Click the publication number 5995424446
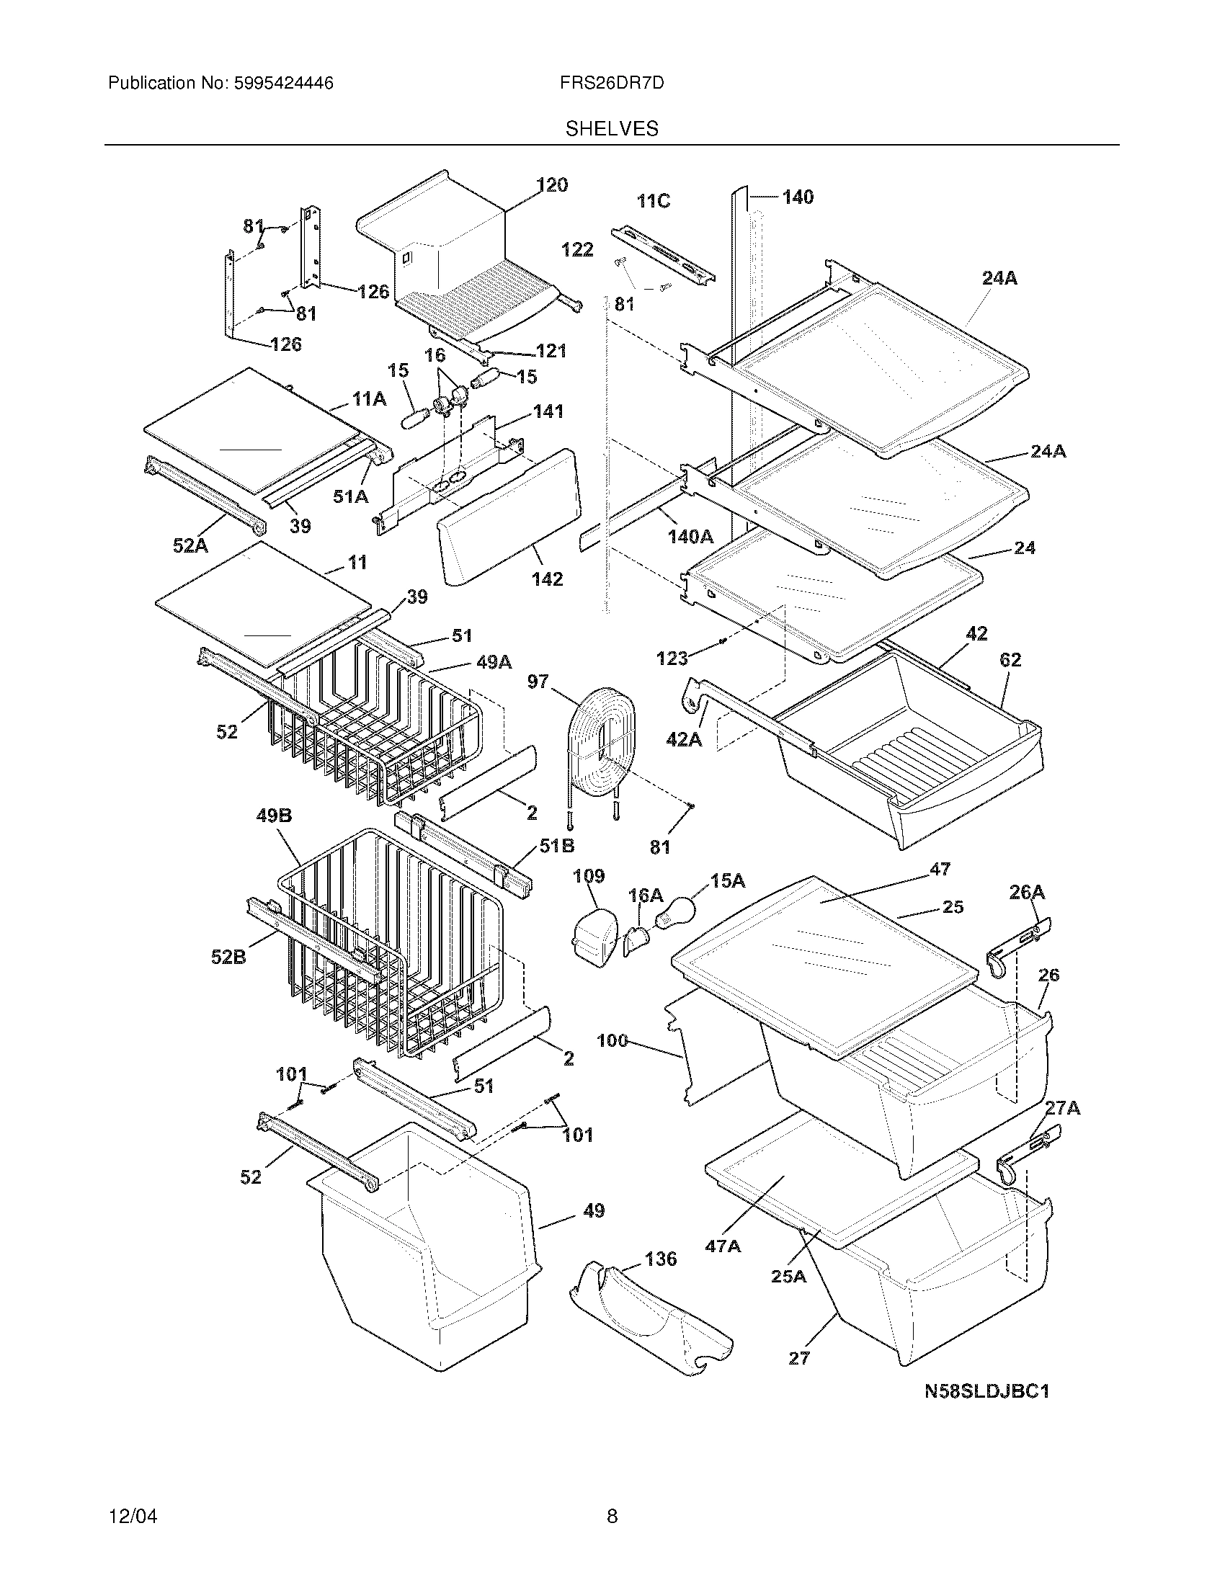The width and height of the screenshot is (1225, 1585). point(283,84)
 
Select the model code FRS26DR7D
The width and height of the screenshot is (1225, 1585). point(612,84)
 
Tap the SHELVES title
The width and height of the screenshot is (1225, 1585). point(612,129)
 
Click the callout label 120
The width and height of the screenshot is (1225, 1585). point(552,185)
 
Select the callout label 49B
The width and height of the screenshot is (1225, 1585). point(275,816)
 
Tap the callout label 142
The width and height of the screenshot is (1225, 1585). point(547,579)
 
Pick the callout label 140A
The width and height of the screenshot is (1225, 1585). point(690,537)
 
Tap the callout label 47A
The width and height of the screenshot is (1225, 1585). point(723,1246)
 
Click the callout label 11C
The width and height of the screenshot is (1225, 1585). point(653,201)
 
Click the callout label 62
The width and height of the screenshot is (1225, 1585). point(1010,660)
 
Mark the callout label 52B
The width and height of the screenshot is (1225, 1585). point(228,957)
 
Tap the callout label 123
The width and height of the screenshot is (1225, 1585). point(672,658)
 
